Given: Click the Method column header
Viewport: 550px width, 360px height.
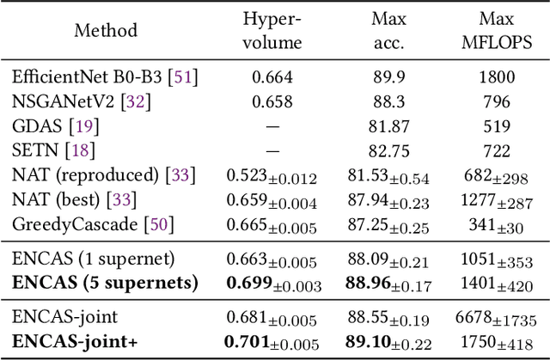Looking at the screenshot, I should pyautogui.click(x=105, y=30).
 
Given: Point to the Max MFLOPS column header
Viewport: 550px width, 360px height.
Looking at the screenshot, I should pyautogui.click(x=494, y=30).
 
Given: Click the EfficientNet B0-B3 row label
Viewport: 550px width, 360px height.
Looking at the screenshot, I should pyautogui.click(x=105, y=77).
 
